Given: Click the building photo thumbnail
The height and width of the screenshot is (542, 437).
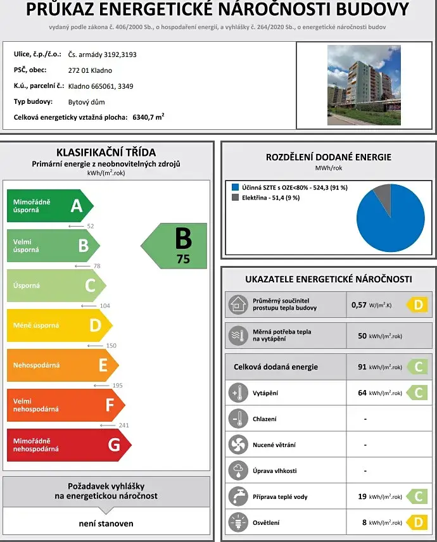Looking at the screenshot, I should pos(364,85).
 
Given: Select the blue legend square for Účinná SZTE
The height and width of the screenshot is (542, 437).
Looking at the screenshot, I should pos(234,187).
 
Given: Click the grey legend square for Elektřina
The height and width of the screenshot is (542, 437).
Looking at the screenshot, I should pos(234,198).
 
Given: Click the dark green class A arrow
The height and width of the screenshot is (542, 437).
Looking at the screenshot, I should pos(49,206).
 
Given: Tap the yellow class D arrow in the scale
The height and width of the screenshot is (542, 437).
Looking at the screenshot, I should pos(59,325).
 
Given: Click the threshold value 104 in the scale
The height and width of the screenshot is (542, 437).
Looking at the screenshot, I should pos(104,306).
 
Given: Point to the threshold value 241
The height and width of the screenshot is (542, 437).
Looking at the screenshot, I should pos(123,425).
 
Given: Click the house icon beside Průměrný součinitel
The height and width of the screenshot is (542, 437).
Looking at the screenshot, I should pos(238,305).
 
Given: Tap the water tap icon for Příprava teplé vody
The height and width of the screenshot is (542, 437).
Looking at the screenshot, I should pos(238,496).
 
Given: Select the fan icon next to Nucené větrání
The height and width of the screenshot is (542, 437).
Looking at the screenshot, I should pos(238,444).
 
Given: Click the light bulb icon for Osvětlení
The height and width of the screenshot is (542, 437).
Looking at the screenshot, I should pos(238,522).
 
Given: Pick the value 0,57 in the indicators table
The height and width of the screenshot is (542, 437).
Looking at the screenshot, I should pos(359,305).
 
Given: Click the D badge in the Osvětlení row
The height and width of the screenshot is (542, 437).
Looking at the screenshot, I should pos(418,522).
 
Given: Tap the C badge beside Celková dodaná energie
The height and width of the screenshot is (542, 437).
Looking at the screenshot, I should pos(418,367).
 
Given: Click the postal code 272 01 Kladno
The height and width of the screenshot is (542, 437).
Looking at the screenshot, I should pos(91,70).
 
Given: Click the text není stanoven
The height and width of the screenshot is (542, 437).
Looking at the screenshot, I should pos(106,524).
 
